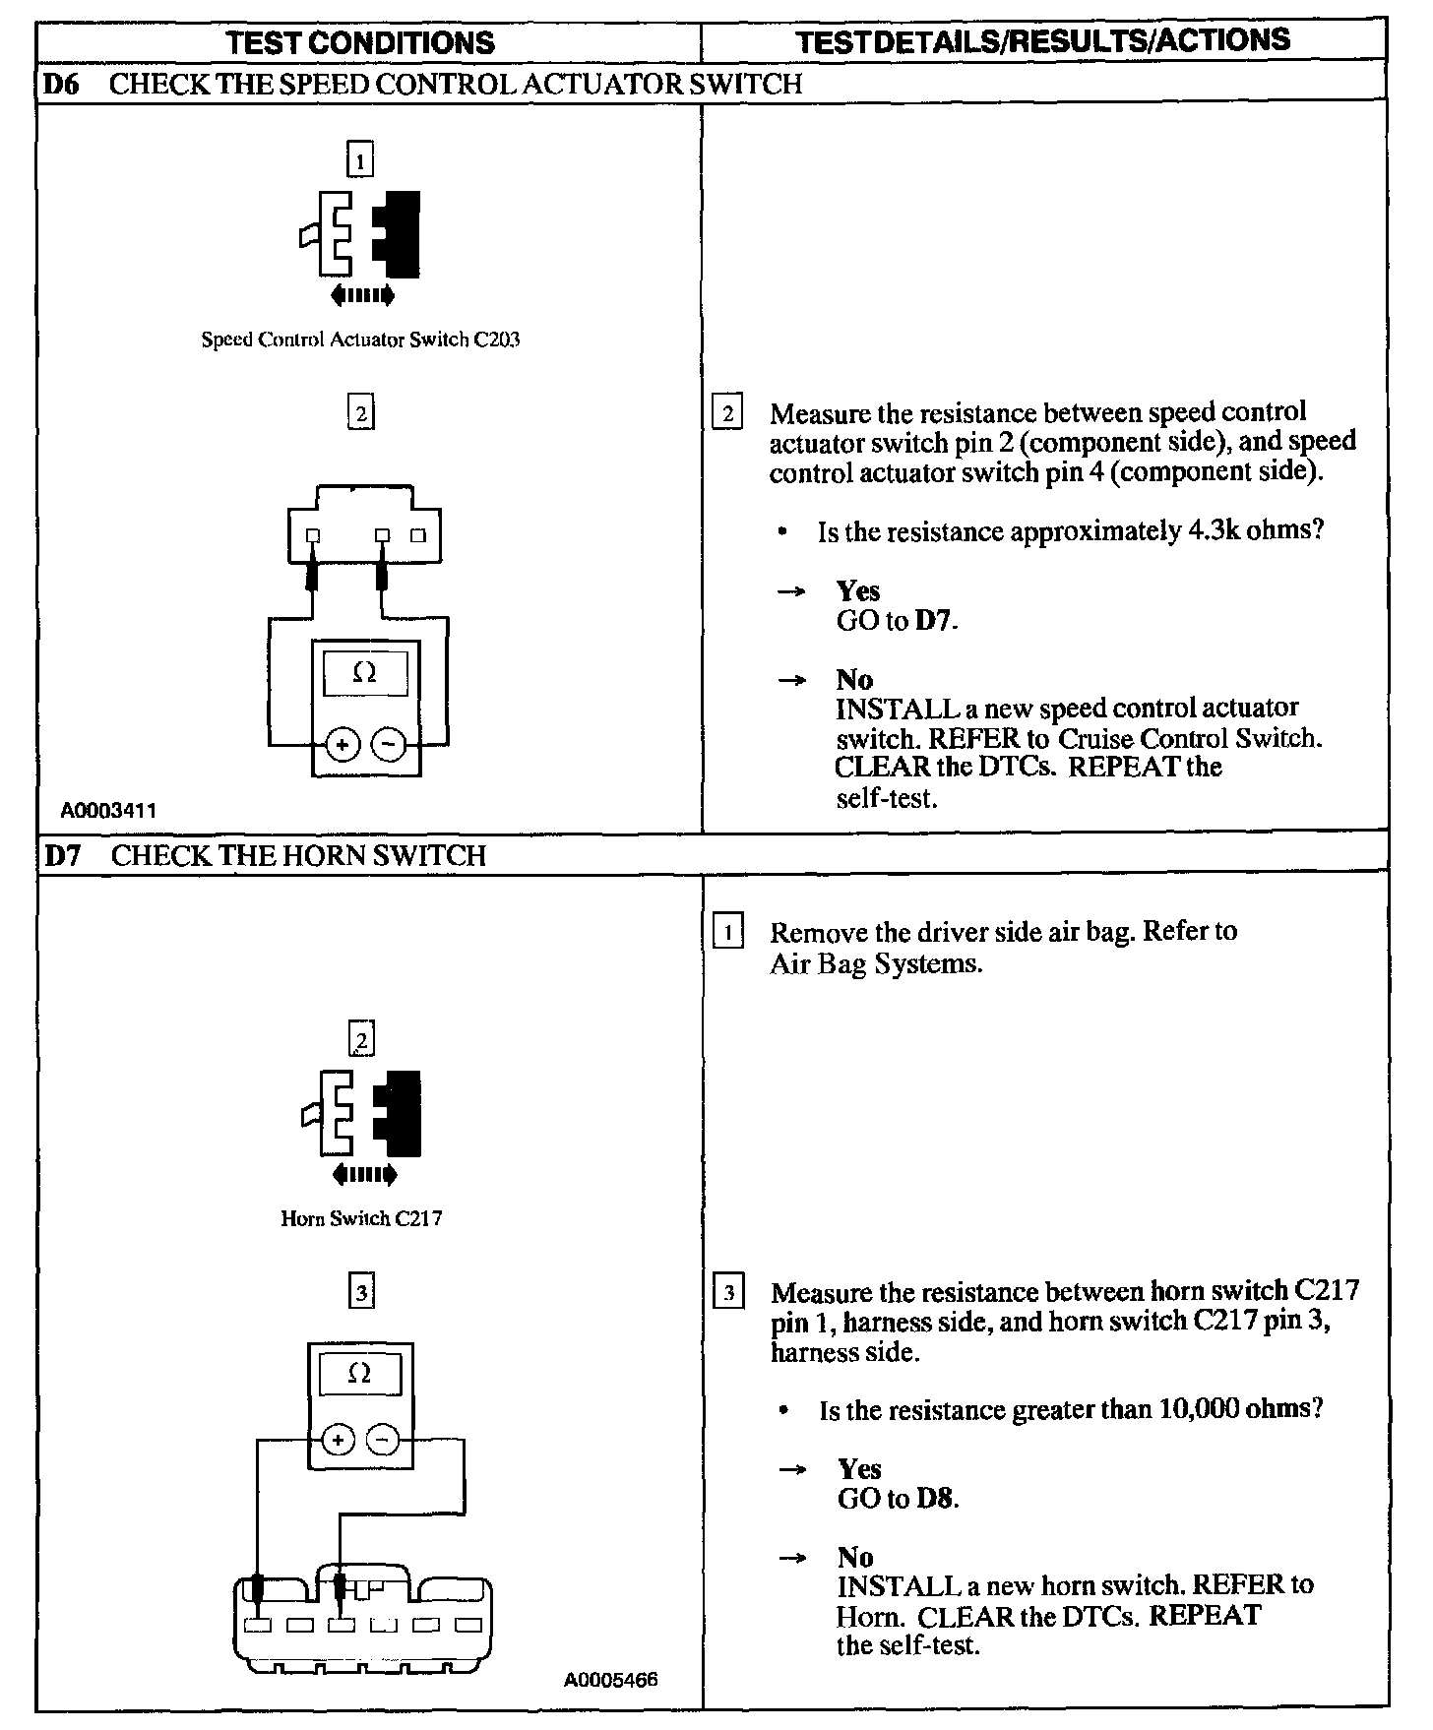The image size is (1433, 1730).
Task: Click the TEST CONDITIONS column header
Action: [360, 42]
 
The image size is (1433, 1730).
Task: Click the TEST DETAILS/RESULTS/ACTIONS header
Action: [1042, 40]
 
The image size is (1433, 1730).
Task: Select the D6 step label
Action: [60, 85]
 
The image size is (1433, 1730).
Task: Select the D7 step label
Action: [61, 855]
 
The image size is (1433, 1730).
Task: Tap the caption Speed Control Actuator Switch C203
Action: [360, 340]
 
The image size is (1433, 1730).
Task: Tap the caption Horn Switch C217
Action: [361, 1218]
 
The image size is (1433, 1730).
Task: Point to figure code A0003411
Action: [108, 811]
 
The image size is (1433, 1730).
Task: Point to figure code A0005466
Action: [610, 1679]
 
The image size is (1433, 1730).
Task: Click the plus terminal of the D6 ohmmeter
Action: [342, 745]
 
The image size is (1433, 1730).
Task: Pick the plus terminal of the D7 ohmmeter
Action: [338, 1441]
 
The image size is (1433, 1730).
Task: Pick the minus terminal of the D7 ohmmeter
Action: [383, 1441]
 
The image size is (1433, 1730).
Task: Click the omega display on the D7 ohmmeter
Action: [360, 1375]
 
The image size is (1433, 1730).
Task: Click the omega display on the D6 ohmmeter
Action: [364, 674]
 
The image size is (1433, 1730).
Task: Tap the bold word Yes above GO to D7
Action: [857, 590]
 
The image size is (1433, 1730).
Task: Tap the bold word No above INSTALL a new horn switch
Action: [855, 1557]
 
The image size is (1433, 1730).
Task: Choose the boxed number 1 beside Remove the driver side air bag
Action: [727, 931]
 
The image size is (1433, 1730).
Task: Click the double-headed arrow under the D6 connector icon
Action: [363, 294]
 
